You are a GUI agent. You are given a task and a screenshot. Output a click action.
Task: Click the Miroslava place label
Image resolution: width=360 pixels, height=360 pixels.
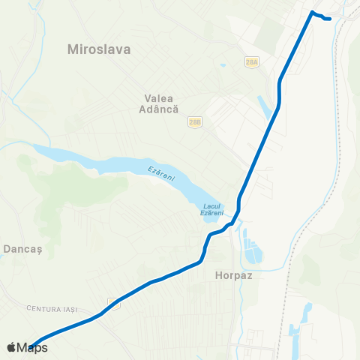pos(99,50)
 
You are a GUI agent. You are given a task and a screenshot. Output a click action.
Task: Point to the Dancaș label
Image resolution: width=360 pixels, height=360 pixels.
pos(24,247)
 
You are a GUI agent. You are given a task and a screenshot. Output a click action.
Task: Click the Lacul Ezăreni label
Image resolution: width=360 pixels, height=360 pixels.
pos(212,210)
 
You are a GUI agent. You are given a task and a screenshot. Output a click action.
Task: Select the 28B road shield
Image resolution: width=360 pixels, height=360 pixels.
pos(195,121)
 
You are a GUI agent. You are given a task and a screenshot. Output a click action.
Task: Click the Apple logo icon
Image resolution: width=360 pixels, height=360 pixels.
pos(10,347)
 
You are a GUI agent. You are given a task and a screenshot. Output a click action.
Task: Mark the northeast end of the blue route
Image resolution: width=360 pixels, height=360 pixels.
pos(329,19)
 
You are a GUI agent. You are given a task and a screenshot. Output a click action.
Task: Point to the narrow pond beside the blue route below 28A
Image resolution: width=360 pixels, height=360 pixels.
pos(265,106)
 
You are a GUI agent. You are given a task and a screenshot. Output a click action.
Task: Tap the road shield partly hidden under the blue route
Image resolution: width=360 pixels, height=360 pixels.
pos(112,301)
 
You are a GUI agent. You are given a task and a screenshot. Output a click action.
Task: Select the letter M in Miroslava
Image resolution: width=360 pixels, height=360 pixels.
pos(73,50)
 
